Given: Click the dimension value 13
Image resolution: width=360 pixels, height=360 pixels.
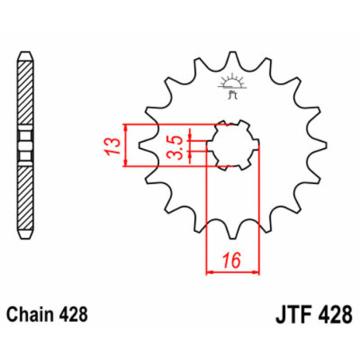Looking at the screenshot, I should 114,146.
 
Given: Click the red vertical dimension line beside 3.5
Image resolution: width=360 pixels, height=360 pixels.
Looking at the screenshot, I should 191,146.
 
